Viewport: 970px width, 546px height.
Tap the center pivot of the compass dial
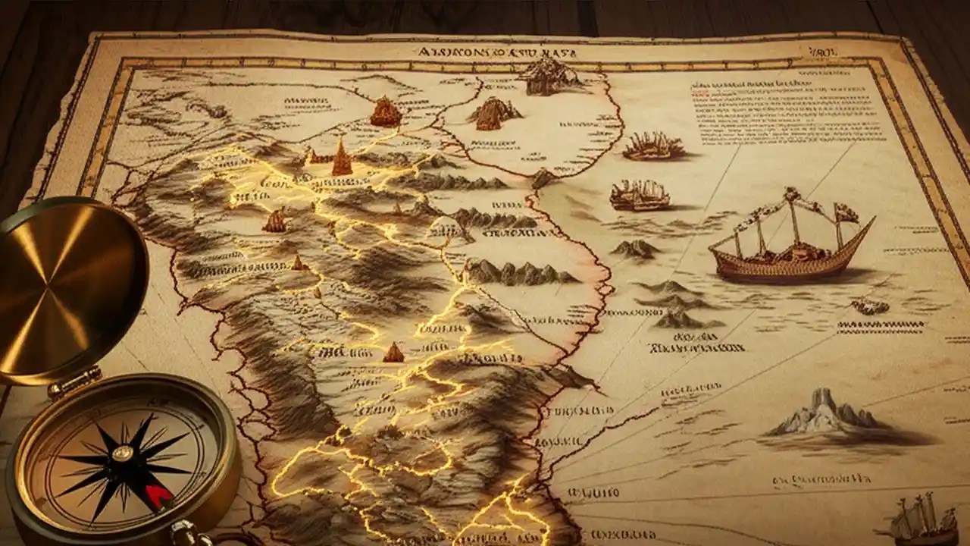point(123,453)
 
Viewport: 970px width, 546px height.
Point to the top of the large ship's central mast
point(793,193)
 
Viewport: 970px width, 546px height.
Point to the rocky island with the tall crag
point(822,413)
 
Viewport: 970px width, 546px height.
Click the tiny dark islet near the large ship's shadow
point(869,306)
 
